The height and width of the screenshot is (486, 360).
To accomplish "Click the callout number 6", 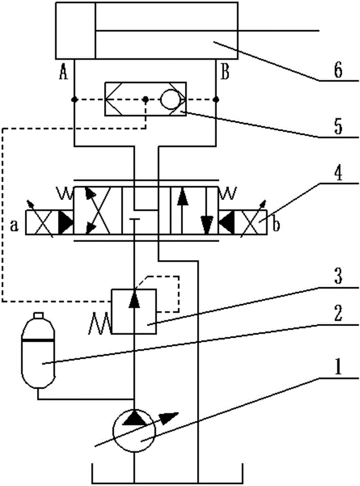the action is pos(338,70).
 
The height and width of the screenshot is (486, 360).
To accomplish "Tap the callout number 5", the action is pos(338,127).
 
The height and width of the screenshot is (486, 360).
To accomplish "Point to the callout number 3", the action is pos(338,277).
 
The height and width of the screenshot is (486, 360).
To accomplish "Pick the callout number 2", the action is pos(338,313).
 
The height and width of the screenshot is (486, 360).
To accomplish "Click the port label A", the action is pos(63,73).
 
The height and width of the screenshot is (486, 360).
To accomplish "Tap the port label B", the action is pos(225,73).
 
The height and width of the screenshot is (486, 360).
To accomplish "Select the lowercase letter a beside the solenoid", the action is pos(14,226).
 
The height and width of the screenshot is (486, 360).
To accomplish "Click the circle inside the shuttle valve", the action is pos(170,100).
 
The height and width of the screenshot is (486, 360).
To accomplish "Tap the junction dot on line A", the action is pos(74,100).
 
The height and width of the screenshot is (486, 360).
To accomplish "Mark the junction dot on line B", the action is pos(216,100).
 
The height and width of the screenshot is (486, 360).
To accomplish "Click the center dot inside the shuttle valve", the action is pos(145,100).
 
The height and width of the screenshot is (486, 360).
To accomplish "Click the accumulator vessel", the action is pos(38,350).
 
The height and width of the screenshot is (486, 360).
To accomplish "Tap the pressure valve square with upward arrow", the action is pos(134,312).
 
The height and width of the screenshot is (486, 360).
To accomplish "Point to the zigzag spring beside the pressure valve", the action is pos(100,323).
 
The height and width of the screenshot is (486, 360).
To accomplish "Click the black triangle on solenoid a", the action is pos(65,222).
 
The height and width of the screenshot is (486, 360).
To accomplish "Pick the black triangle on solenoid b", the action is pos(226,222).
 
